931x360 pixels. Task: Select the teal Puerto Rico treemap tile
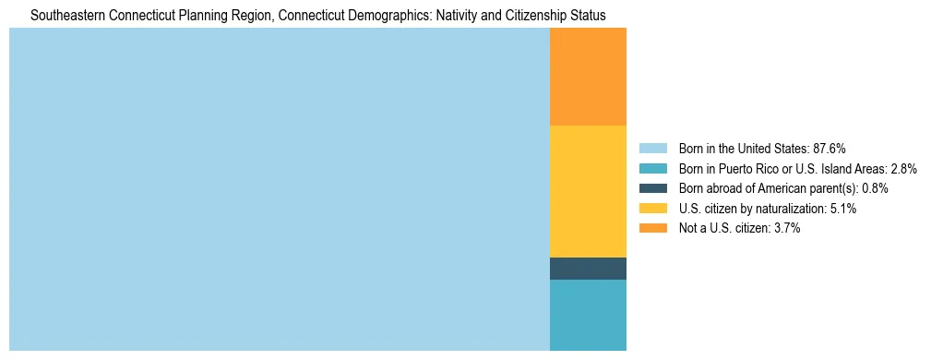pos(588,315)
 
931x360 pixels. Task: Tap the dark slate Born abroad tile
pos(588,268)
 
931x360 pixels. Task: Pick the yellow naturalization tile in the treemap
pos(588,191)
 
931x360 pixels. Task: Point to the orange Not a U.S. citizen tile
pos(588,77)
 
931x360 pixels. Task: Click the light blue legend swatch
pos(652,149)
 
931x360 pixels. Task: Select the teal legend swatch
pos(652,169)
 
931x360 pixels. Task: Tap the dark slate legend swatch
pos(652,188)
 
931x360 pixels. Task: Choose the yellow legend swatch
pos(652,209)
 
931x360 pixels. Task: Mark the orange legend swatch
pos(652,228)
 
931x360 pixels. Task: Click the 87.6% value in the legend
pos(829,149)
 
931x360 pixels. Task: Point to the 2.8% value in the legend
pos(903,169)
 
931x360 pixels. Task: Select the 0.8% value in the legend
pos(875,188)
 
